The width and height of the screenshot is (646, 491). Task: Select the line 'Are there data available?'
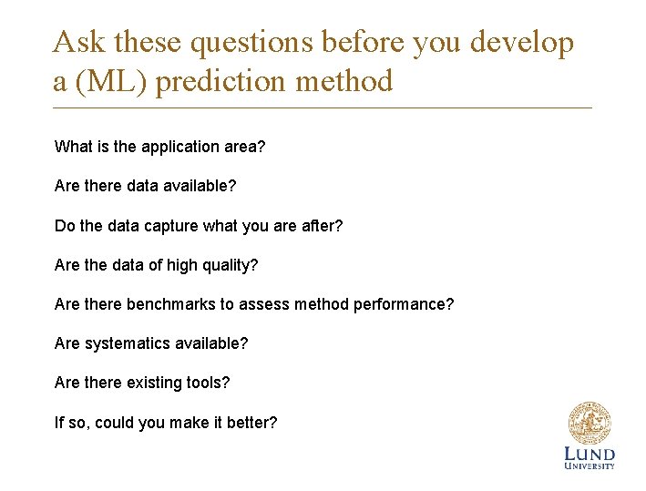145,186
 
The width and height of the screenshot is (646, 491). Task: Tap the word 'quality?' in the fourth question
229,265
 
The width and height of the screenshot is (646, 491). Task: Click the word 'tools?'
208,383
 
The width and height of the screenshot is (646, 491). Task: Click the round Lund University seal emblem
590,424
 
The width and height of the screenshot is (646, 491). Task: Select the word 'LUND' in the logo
590,454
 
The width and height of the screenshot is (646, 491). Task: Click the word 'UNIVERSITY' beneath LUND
590,466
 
